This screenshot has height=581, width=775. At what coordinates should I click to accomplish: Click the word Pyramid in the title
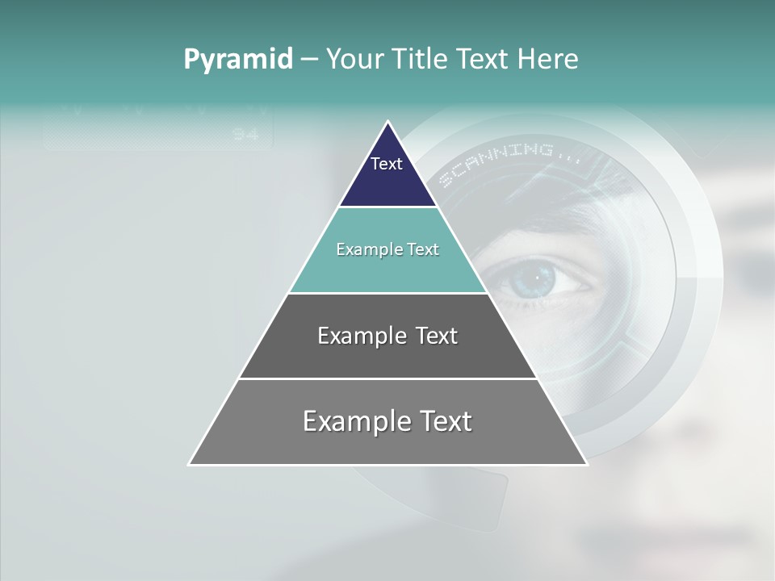(x=238, y=60)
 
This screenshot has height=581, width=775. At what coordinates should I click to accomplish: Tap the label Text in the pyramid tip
(x=387, y=164)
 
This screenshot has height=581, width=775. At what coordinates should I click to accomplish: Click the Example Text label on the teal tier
(x=387, y=249)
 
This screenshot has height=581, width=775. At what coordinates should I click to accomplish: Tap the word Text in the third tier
(x=436, y=336)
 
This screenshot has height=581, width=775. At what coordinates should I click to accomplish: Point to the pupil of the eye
(x=534, y=279)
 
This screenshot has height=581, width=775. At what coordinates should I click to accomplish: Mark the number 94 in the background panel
(x=245, y=135)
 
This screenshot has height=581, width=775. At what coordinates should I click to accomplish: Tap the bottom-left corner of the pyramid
(x=190, y=464)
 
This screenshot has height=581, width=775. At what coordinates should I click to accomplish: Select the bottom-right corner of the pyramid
(x=586, y=464)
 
